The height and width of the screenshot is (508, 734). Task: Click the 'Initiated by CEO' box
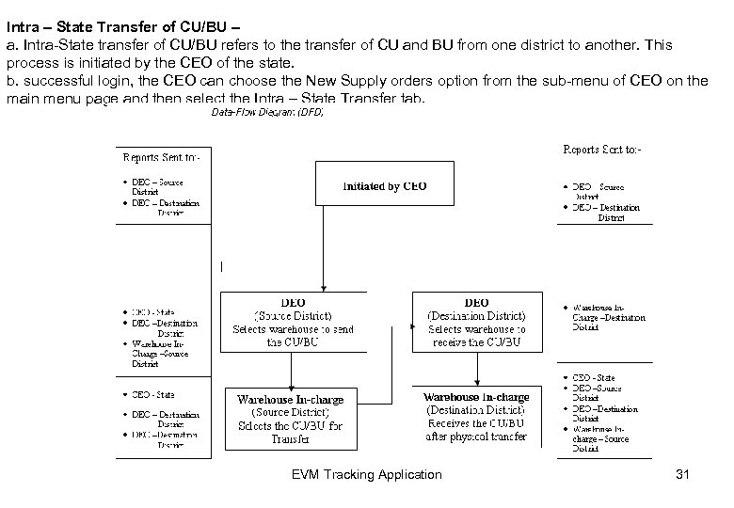coord(384,186)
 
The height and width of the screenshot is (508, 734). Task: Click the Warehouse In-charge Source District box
coord(290,419)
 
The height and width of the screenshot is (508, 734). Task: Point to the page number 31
coord(682,474)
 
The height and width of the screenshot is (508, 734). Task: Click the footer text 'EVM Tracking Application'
coord(367,474)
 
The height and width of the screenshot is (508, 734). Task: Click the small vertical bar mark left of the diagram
coord(221,267)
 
